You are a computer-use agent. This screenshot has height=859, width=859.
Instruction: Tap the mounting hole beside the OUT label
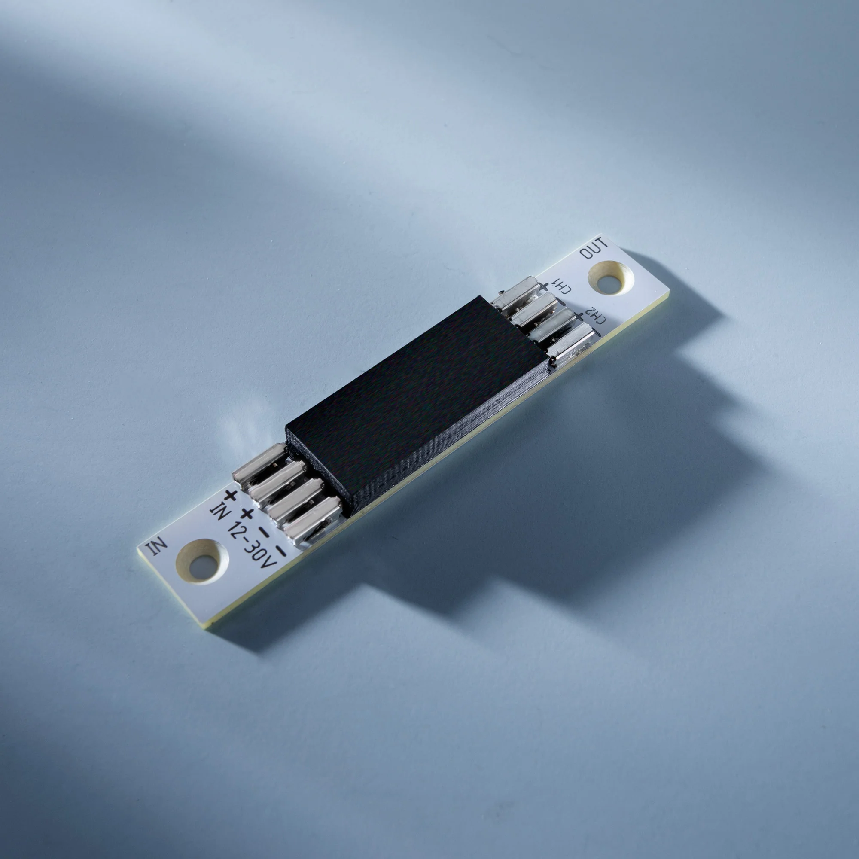pyautogui.click(x=610, y=278)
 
